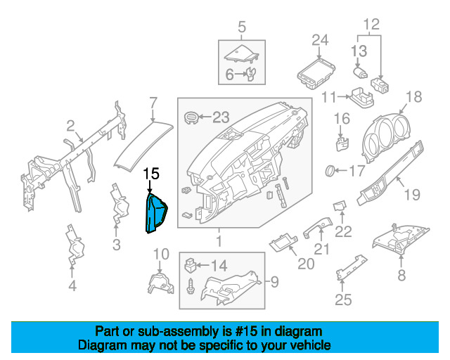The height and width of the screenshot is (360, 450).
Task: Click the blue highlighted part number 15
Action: (x=155, y=214)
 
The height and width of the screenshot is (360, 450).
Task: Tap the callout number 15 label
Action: (x=151, y=173)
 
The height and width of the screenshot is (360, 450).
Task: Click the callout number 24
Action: (x=320, y=39)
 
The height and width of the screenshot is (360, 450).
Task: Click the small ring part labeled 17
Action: (x=330, y=171)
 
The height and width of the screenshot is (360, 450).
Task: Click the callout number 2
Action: (x=70, y=126)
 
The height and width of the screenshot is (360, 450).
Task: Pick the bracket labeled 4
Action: (x=72, y=245)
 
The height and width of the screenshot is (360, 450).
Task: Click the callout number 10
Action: (x=161, y=253)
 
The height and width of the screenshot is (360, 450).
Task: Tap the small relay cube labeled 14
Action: (x=190, y=266)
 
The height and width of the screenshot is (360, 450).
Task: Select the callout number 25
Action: (x=342, y=302)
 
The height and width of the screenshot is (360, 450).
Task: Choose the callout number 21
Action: (x=321, y=250)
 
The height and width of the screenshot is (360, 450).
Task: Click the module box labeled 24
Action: (x=315, y=71)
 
